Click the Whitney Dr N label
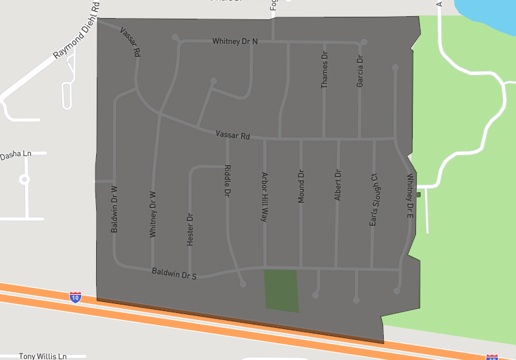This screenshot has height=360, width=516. pos(235,41)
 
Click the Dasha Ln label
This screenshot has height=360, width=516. pos(15,155)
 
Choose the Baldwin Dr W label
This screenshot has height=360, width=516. pos(114,209)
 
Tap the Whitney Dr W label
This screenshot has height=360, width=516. pos(153,214)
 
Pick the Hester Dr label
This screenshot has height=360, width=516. pos(190,229)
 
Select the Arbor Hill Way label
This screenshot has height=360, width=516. pos(264,197)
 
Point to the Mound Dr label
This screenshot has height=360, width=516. pos(301,187)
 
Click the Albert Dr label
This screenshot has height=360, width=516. pos(337,185)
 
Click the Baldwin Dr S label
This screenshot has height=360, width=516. pos(174,274)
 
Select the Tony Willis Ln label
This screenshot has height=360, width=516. pos(43,355)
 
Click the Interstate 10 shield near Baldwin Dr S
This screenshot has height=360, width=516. pos(75,297)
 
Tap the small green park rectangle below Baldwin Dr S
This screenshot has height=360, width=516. pos(282,291)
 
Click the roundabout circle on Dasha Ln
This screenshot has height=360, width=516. pos(25,179)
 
